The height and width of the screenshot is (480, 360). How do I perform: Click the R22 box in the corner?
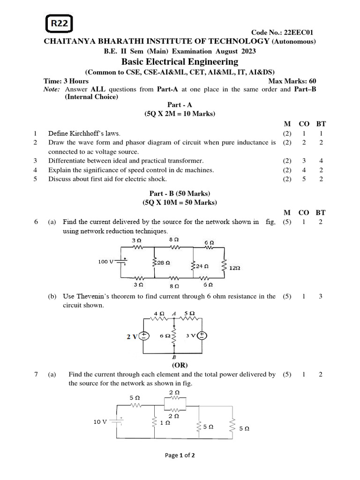click(60, 24)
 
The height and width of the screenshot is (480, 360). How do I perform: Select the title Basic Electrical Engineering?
click(180, 62)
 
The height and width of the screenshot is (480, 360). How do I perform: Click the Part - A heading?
click(180, 105)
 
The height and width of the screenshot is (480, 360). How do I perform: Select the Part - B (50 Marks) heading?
click(180, 194)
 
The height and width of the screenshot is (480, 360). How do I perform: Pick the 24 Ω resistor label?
click(202, 266)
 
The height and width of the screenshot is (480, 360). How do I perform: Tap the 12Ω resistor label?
click(235, 268)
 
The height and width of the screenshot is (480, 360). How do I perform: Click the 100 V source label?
click(105, 262)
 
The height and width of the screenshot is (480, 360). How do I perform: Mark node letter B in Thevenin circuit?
click(174, 357)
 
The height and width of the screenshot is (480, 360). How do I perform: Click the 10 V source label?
click(100, 421)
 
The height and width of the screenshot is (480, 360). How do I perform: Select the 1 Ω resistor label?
click(165, 422)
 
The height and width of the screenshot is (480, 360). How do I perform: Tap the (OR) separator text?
click(180, 364)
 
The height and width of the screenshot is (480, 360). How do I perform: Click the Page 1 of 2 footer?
click(180, 455)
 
